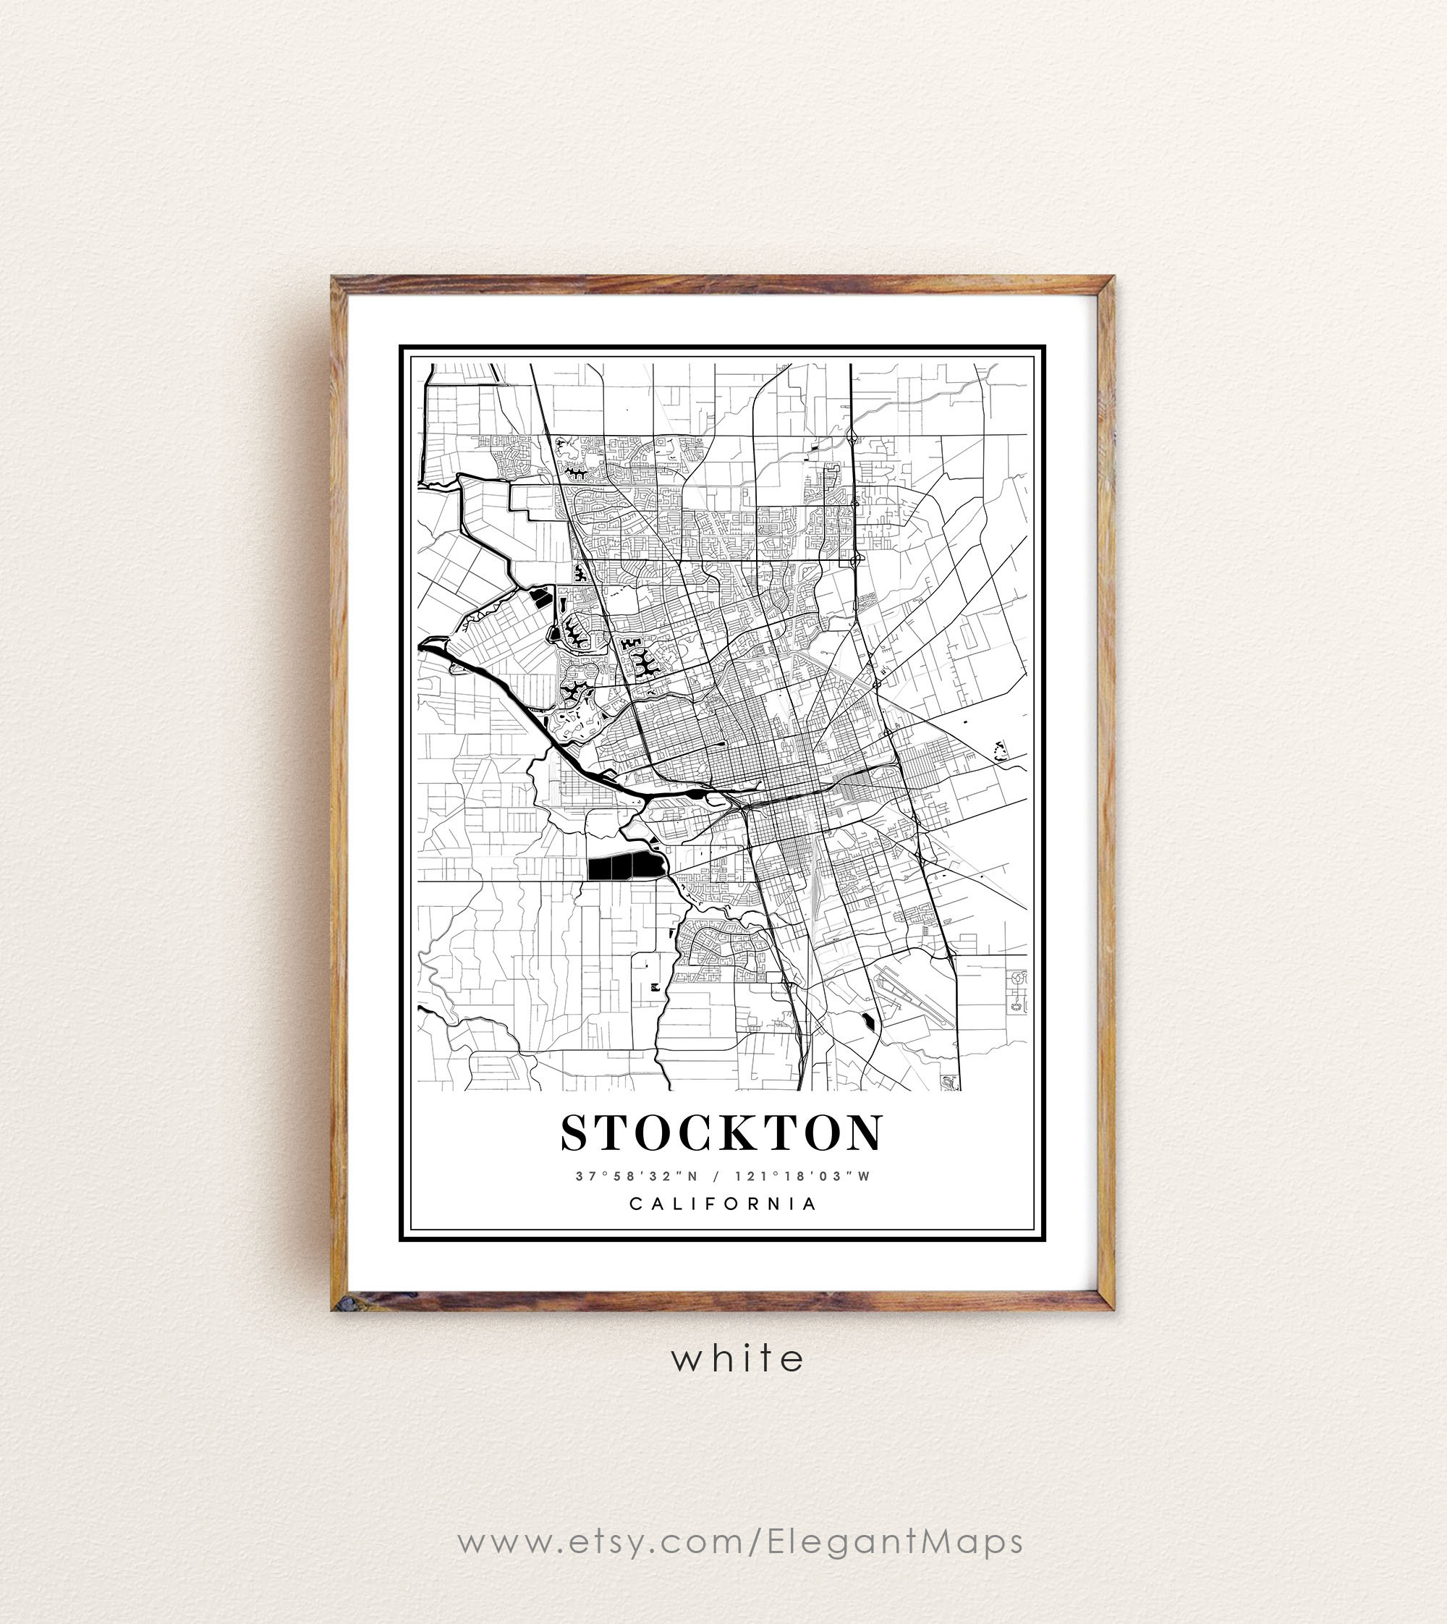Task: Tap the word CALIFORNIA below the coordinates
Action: [723, 1204]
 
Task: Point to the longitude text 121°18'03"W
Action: [802, 1176]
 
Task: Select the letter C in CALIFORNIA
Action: [636, 1204]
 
